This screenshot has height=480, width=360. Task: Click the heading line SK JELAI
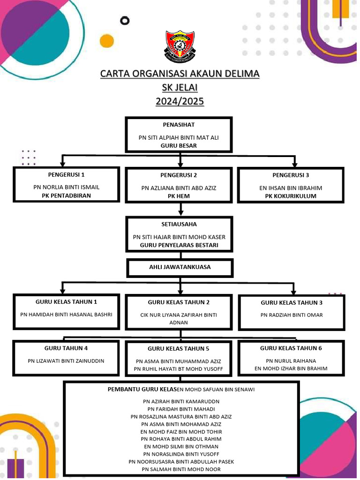pyautogui.click(x=180, y=87)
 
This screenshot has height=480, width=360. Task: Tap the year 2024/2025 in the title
pyautogui.click(x=180, y=101)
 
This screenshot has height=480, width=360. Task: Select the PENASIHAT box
pyautogui.click(x=179, y=135)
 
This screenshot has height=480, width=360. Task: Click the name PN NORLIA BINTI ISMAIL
pyautogui.click(x=67, y=187)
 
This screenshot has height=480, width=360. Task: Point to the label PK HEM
pyautogui.click(x=179, y=196)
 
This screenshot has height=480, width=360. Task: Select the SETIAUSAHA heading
pyautogui.click(x=179, y=224)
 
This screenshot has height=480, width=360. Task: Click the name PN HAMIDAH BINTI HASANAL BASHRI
pyautogui.click(x=67, y=315)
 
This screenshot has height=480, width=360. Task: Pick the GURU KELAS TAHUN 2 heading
pyautogui.click(x=179, y=302)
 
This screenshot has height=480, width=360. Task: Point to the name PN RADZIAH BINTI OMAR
pyautogui.click(x=292, y=315)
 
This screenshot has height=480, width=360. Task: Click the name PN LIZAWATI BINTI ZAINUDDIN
pyautogui.click(x=66, y=361)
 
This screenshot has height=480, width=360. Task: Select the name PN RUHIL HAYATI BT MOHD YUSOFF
pyautogui.click(x=179, y=369)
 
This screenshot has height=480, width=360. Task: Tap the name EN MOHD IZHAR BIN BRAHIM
pyautogui.click(x=291, y=368)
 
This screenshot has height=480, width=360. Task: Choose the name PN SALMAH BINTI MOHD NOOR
pyautogui.click(x=181, y=469)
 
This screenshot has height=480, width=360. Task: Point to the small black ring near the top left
pyautogui.click(x=124, y=21)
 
